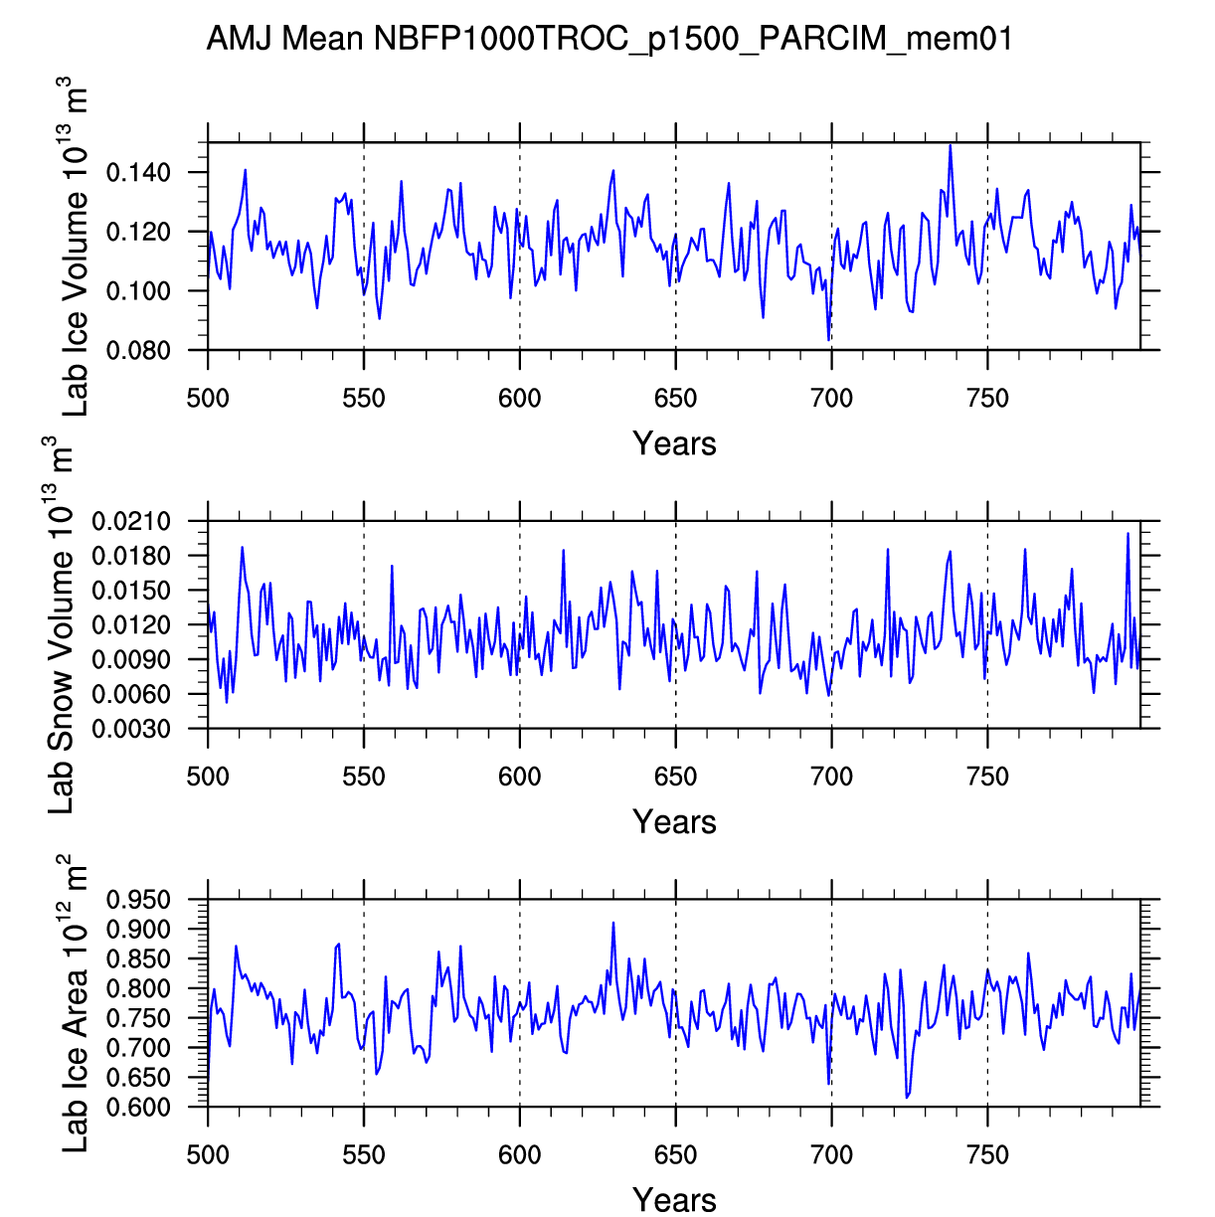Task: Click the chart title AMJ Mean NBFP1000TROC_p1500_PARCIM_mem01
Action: coord(608,39)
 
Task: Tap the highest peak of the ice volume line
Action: coord(951,145)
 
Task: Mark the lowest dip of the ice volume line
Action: coord(828,340)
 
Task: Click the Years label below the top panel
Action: coord(674,443)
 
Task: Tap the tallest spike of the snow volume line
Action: coord(1128,534)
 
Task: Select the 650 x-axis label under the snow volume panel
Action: coord(675,777)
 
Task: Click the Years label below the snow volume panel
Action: coord(674,822)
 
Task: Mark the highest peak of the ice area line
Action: coord(613,923)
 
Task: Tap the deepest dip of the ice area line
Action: coord(907,1097)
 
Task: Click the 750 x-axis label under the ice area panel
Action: coord(987,1155)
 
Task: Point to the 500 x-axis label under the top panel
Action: coord(208,399)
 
